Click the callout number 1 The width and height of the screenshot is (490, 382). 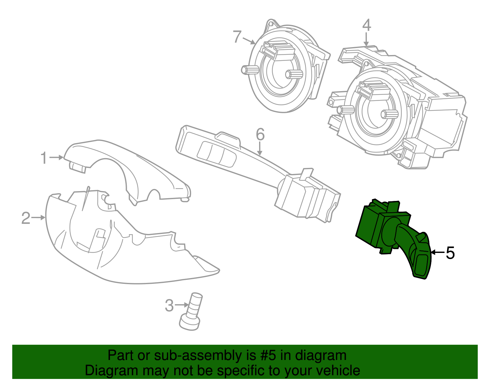point(44,158)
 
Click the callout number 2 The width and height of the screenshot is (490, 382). point(26,218)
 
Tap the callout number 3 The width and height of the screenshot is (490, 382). point(169,305)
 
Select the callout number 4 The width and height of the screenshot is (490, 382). point(366,25)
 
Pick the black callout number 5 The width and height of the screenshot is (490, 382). point(450,253)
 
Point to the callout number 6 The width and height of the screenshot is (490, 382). point(260,135)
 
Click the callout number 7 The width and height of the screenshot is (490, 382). point(237,37)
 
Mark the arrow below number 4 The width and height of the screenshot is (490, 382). point(366,40)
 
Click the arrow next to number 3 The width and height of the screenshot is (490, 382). point(182,305)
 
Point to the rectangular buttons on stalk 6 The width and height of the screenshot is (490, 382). point(216,153)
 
